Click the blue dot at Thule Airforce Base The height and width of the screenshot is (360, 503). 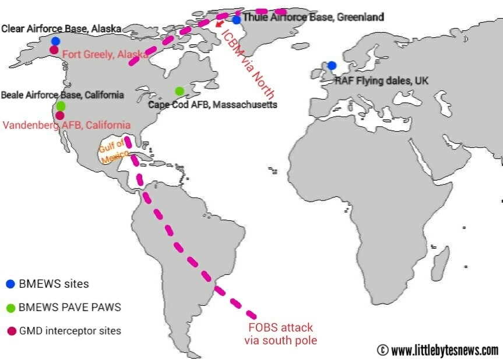point(237,20)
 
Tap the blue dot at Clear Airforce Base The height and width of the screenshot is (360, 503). point(55,41)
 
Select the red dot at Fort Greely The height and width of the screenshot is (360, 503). point(54,50)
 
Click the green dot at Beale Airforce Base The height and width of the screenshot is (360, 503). point(61,106)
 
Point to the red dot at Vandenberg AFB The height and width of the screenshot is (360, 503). point(60,115)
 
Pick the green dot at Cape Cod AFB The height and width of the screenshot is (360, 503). point(179,91)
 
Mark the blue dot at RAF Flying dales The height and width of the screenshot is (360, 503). point(332,65)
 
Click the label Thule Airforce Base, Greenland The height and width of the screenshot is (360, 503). point(314,17)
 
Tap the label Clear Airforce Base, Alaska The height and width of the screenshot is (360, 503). point(61,29)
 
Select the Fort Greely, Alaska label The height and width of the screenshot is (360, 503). point(105,54)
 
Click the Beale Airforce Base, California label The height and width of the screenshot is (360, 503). point(63,95)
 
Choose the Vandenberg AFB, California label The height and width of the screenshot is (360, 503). point(67,125)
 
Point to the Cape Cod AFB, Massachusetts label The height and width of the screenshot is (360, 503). point(213,105)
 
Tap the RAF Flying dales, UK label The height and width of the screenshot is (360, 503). point(381,81)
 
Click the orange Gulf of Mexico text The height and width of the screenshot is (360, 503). point(113,148)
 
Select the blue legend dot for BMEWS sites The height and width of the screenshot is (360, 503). point(10,284)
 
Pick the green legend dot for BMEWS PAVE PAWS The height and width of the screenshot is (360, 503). point(10,308)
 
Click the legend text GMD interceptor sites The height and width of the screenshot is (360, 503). point(70,331)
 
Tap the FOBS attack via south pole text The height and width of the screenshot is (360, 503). point(282,334)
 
